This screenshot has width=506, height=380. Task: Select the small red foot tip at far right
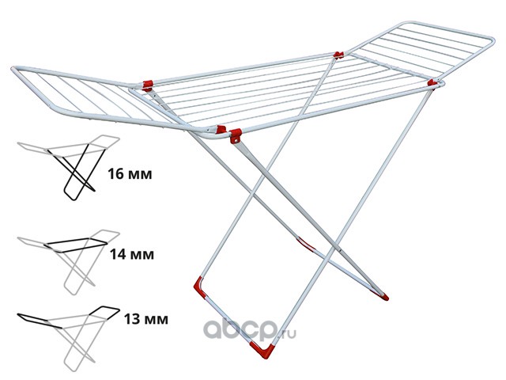click(x=385, y=298)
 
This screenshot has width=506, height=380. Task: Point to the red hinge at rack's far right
click(x=431, y=82)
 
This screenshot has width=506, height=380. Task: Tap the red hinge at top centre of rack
click(x=338, y=55)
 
